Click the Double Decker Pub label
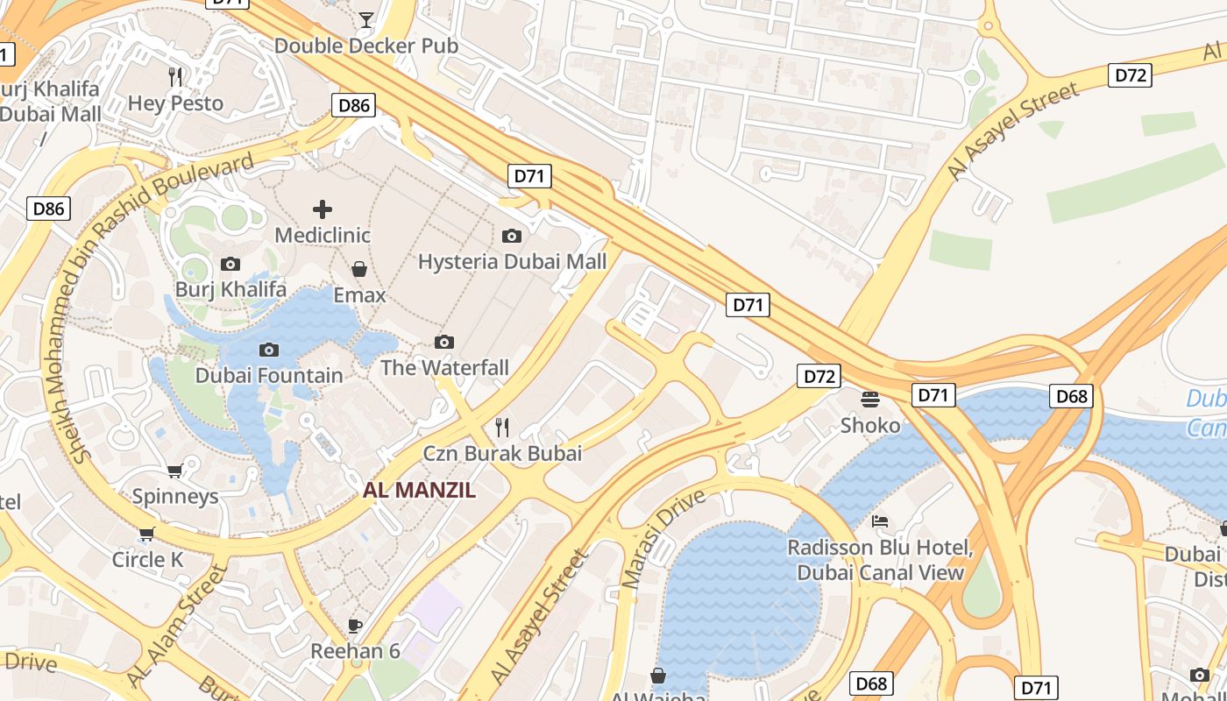(x=366, y=46)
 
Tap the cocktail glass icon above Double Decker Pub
(x=366, y=19)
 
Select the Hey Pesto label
(x=175, y=103)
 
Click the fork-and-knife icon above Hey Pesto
(x=175, y=77)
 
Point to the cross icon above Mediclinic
(x=323, y=209)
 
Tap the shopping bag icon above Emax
(x=359, y=269)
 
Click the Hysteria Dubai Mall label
(x=512, y=261)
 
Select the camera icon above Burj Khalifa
(x=231, y=264)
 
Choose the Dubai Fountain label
(x=269, y=375)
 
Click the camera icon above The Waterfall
(x=444, y=342)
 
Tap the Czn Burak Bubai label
(x=502, y=453)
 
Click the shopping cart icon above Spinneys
(x=175, y=471)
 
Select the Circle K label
(x=147, y=559)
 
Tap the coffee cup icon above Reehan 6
(x=355, y=626)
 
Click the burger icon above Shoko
(x=870, y=400)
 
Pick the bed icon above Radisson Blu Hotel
(x=880, y=521)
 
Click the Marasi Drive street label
(x=663, y=538)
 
